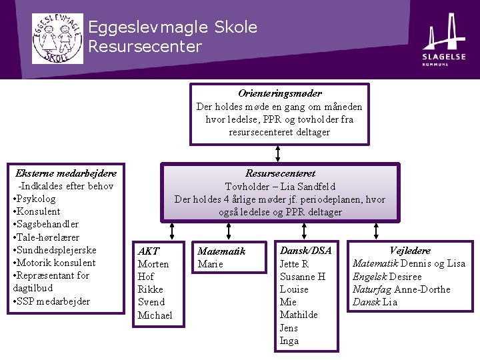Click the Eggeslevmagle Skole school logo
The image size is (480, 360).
coord(58,39)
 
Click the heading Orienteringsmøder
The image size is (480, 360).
coord(279,94)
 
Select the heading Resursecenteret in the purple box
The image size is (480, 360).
coord(280,173)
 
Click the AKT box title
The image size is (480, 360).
coord(148,251)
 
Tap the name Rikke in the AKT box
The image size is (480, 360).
coord(150,289)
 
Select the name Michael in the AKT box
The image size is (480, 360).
coord(155,315)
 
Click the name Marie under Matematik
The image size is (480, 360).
coord(210,264)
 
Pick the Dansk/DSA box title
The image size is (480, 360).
coord(305,251)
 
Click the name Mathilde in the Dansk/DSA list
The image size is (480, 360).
coord(299,315)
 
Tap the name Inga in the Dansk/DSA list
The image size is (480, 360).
coord(289,341)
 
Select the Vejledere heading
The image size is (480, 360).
coord(410,251)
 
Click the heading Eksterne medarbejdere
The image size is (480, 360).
coord(65,173)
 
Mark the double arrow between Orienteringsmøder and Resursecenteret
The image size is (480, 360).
coord(277,155)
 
